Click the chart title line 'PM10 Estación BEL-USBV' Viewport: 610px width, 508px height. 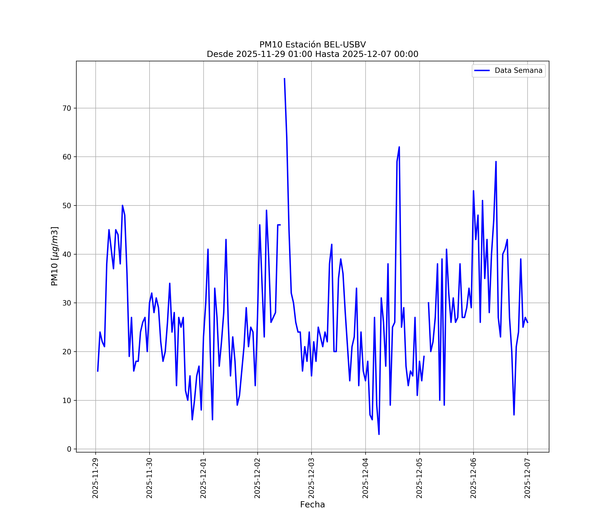[x=313, y=45]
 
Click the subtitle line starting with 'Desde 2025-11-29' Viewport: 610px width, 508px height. [x=313, y=54]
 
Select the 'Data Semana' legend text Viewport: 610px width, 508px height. [x=518, y=71]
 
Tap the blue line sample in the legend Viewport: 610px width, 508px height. [x=482, y=71]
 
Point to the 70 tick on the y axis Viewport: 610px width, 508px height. [x=67, y=108]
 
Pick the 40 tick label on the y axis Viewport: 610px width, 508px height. [x=67, y=254]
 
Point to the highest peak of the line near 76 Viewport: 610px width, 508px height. [x=284, y=78]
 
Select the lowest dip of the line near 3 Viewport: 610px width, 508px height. [x=379, y=434]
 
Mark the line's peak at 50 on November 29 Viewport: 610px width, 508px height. [x=122, y=206]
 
